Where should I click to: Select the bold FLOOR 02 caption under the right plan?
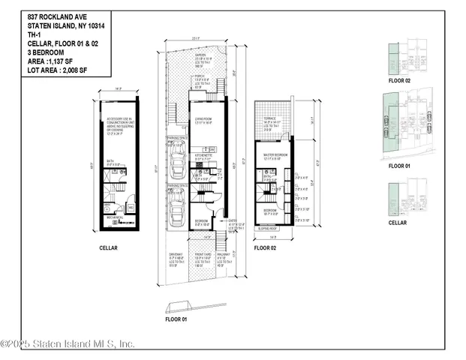(265, 247)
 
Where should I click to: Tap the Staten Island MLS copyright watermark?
(68, 344)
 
